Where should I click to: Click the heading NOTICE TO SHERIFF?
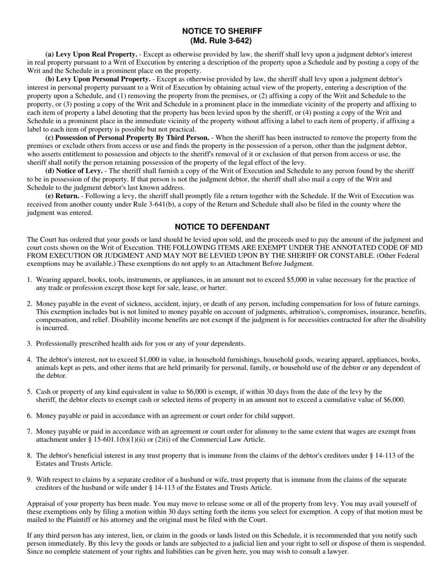tap(222, 31)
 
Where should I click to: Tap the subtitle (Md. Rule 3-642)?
tap(222, 41)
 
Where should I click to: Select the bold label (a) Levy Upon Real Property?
tap(91, 54)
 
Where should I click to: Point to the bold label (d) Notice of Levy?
tap(74, 171)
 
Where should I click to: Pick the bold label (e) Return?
tap(62, 196)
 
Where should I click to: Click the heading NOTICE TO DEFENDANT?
tap(222, 227)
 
